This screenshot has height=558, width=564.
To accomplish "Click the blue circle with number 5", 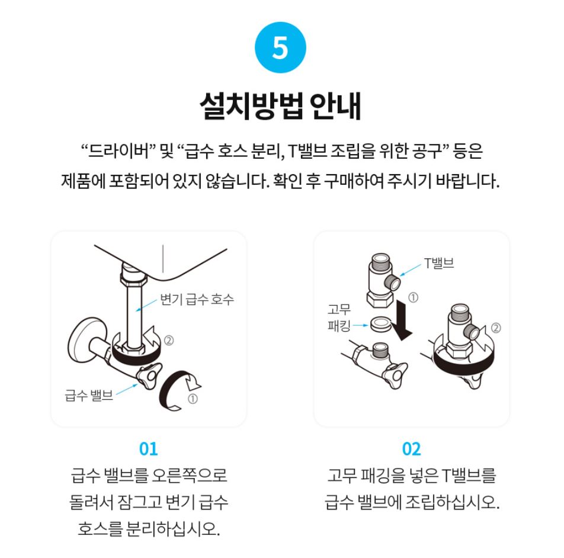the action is coord(280,47).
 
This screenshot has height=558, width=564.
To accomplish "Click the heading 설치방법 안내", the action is coord(280,105).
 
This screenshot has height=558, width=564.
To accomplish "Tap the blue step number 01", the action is coord(148,449).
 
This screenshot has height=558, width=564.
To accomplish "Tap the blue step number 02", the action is coord(412,449).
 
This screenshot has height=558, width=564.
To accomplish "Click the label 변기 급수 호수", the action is coord(197,299).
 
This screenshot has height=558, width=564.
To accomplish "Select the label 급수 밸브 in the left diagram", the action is coord(88,395).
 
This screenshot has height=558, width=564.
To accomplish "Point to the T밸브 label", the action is coord(439,263).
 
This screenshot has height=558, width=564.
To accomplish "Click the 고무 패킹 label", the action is coord(339,318).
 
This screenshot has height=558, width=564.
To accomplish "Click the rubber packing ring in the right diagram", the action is coord(381,324).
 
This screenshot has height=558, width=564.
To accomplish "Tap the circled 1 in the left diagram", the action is coord(193,399).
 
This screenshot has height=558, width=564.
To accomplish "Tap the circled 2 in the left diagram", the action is coord(169,340).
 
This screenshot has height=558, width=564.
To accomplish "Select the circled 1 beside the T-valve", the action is coord(414,298).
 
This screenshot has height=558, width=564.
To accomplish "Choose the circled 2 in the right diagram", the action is coord(496,328).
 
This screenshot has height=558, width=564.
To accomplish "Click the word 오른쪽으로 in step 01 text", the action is coord(190,475).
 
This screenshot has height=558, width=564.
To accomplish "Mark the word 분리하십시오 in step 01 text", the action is coord(173,528).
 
